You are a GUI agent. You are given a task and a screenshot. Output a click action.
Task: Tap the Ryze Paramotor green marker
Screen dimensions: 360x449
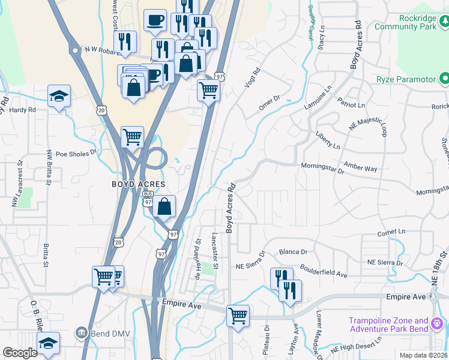[444, 79]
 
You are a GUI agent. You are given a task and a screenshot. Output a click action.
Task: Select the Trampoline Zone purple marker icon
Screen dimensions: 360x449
[438, 324]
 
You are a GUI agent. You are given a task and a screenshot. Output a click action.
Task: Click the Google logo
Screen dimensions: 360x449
[20, 353]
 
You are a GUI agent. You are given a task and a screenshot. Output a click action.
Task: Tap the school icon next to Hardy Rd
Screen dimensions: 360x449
[59, 97]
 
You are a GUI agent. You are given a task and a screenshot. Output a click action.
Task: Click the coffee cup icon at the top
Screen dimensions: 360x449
[155, 20]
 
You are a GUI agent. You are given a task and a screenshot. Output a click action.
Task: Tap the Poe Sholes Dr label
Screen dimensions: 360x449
[76, 153]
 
